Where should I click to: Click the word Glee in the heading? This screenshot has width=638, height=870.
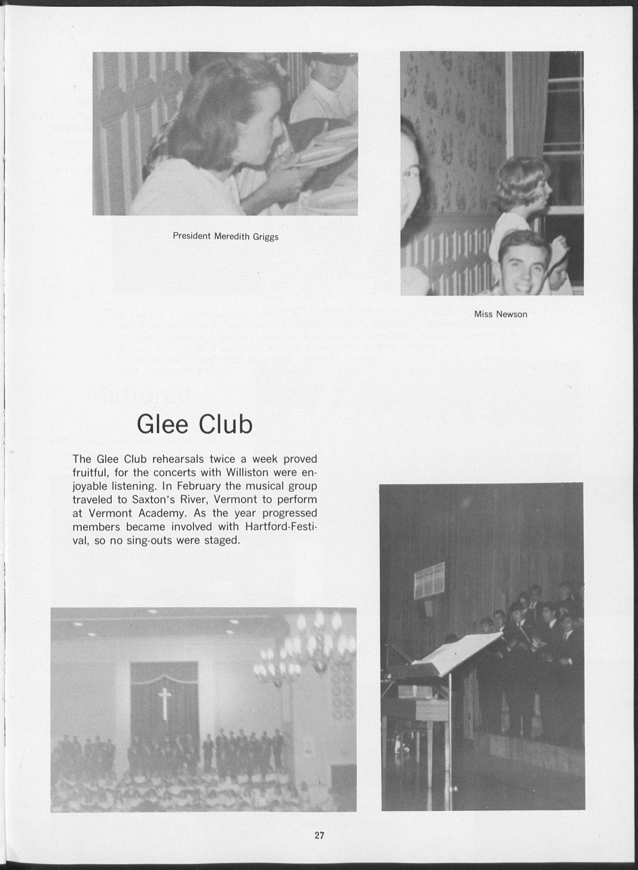163,424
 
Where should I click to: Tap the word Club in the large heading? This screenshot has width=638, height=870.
226,424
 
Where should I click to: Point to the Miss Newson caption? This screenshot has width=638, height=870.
501,314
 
